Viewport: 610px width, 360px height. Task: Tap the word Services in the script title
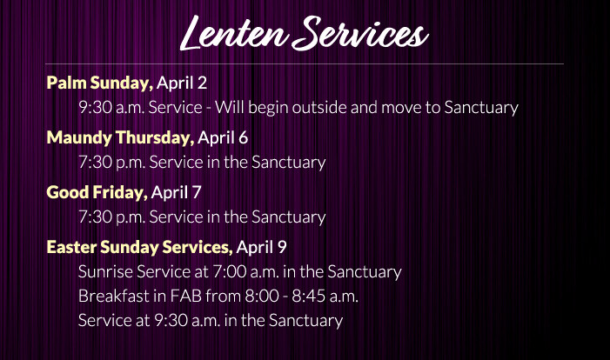(360, 34)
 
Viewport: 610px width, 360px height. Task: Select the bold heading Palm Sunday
(99, 83)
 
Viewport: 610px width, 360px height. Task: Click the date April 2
(182, 83)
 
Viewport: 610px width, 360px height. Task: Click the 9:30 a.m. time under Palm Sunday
(111, 108)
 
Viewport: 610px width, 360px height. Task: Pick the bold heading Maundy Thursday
(120, 138)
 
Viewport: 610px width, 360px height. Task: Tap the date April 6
(223, 138)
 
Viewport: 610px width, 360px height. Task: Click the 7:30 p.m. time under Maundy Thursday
(111, 163)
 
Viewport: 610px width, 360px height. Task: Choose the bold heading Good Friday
(97, 192)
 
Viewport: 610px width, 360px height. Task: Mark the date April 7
(176, 192)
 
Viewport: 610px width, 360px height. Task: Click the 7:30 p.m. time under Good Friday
(111, 217)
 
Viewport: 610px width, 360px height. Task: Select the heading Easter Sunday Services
(139, 247)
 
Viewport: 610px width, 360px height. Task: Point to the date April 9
(261, 247)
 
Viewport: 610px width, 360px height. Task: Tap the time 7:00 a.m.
(245, 272)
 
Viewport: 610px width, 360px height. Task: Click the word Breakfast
(114, 297)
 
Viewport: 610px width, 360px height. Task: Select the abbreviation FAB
(186, 297)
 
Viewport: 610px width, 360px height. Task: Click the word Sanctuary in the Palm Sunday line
(481, 108)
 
